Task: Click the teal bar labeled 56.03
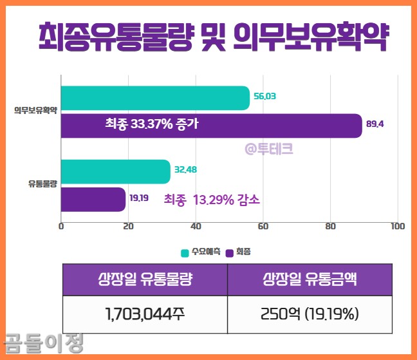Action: click(x=155, y=97)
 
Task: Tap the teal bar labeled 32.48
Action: click(x=115, y=171)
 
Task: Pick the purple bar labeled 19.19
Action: click(x=93, y=199)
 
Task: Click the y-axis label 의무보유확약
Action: click(x=36, y=111)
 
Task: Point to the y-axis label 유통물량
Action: click(x=42, y=184)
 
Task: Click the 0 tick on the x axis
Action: click(x=61, y=226)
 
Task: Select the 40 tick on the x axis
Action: click(x=196, y=226)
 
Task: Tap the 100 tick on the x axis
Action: click(x=397, y=226)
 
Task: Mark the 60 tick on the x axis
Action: click(x=263, y=226)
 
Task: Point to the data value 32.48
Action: click(x=185, y=170)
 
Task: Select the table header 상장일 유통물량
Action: click(x=145, y=279)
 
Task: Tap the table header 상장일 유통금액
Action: click(x=310, y=279)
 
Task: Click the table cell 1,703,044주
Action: click(x=145, y=314)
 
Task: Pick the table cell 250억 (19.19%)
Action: click(x=310, y=314)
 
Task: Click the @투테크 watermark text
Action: click(x=268, y=149)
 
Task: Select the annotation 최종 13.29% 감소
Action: click(x=212, y=199)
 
